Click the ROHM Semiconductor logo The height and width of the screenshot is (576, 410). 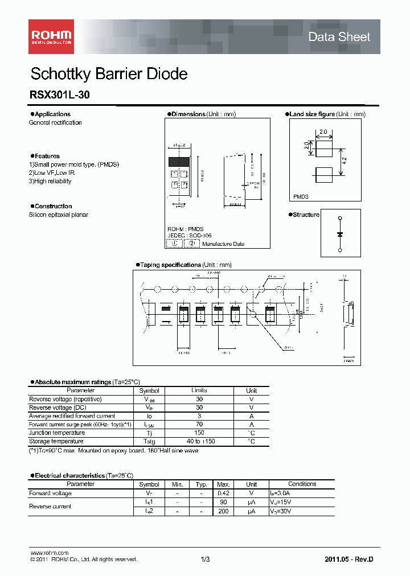click(x=51, y=36)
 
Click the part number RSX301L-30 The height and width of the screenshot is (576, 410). click(x=59, y=96)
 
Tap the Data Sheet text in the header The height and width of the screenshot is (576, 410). click(x=339, y=37)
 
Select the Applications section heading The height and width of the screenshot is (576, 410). click(x=52, y=114)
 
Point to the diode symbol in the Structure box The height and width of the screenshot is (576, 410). click(x=340, y=234)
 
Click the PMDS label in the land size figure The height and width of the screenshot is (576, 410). click(x=301, y=196)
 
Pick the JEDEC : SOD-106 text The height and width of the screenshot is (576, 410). click(x=186, y=235)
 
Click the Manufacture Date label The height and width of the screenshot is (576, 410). click(x=223, y=244)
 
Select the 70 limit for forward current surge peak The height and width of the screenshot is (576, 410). click(x=199, y=425)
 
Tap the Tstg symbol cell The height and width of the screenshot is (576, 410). click(x=149, y=442)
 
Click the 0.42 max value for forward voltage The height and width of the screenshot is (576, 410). click(x=223, y=493)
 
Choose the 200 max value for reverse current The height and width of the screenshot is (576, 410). click(x=223, y=512)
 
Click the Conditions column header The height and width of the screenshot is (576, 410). click(x=302, y=484)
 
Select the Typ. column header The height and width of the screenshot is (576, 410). click(x=200, y=484)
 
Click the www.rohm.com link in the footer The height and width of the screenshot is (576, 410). click(x=49, y=553)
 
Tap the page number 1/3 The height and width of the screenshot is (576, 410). click(x=206, y=559)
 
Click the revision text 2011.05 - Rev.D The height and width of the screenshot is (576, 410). click(x=350, y=559)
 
